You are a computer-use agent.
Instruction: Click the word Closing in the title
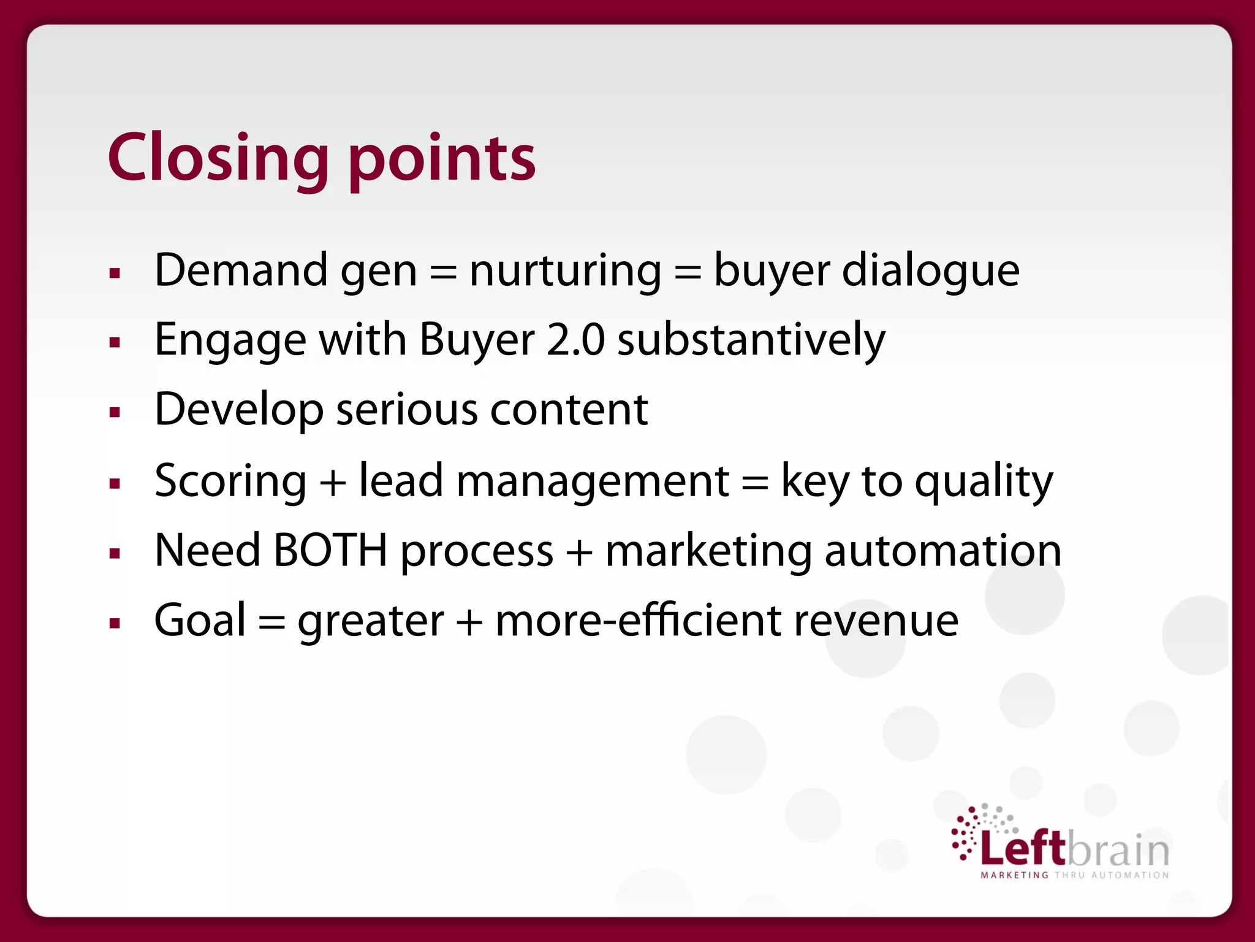point(218,158)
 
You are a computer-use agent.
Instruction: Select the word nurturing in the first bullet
point(565,270)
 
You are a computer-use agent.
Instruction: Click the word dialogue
point(930,270)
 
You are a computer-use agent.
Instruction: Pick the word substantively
point(751,340)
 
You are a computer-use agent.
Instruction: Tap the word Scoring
point(230,481)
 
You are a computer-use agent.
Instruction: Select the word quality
point(984,481)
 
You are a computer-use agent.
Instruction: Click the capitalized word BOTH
point(330,550)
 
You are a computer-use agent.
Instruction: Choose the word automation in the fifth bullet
point(942,550)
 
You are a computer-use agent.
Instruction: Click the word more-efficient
point(637,620)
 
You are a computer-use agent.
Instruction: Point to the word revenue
point(876,620)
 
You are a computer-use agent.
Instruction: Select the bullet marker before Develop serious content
point(115,412)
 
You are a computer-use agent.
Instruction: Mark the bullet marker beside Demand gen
point(115,273)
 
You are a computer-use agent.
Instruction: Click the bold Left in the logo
point(1023,849)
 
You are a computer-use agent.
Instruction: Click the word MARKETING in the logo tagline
point(1015,875)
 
